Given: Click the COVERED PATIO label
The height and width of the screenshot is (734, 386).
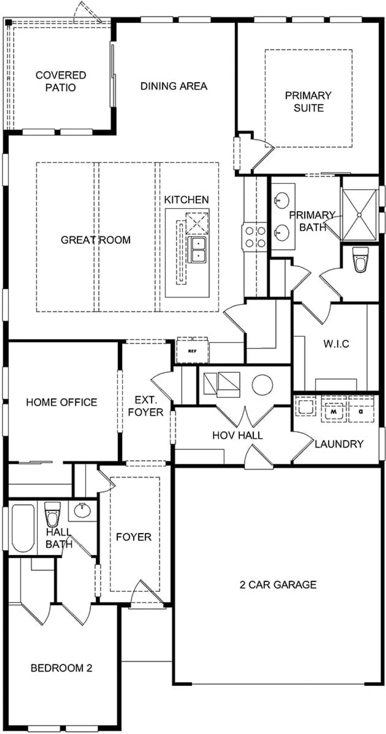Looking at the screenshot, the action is click(61, 81).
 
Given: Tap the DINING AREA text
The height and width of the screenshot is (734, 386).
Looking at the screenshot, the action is click(174, 86).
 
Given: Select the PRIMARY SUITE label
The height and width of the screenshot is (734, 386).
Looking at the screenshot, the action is click(308, 102).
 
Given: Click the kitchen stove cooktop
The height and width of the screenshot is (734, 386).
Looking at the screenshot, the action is click(255, 237).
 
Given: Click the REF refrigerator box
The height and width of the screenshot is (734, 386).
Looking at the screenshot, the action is click(193, 351).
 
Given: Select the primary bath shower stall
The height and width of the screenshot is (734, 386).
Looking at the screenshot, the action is click(360, 215).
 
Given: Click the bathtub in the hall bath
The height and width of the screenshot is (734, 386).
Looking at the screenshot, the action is click(23, 528).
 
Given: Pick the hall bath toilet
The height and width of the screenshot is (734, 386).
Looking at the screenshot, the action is click(52, 514).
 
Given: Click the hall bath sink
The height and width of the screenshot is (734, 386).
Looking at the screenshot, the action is click(83, 510).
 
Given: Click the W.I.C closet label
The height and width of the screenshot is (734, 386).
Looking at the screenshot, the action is click(336, 344).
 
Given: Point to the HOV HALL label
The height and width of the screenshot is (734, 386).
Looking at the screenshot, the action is click(237, 435).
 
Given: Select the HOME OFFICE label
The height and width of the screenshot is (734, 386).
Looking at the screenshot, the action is click(61, 402).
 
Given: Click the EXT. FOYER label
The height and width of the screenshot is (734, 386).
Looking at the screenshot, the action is click(146, 406).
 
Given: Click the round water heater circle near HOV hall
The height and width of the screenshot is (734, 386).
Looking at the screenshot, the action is click(263, 385).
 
